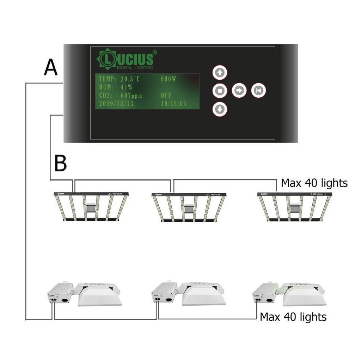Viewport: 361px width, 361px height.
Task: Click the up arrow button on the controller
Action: pos(220,73)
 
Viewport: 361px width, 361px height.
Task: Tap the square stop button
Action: pos(220,91)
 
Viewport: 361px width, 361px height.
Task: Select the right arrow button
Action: pos(239,91)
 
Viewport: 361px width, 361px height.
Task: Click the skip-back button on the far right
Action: pos(258,91)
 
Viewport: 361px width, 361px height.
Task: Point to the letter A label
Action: pos(50,68)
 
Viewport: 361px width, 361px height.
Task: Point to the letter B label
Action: pos(61,164)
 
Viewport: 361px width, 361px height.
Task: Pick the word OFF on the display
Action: pos(166,96)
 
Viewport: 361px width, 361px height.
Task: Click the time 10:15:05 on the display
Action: pos(173,104)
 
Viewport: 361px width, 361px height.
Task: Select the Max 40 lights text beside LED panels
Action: pos(314,183)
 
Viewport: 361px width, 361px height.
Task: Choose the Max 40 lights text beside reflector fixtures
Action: pos(293,317)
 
